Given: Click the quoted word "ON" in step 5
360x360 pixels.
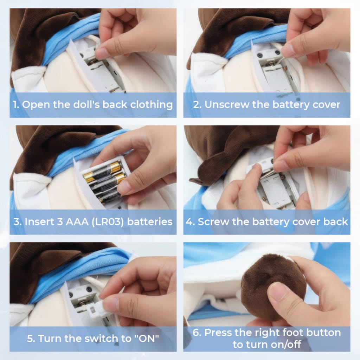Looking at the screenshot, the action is click(x=147, y=339).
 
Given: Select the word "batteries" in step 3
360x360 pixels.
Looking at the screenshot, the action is click(x=150, y=222).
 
